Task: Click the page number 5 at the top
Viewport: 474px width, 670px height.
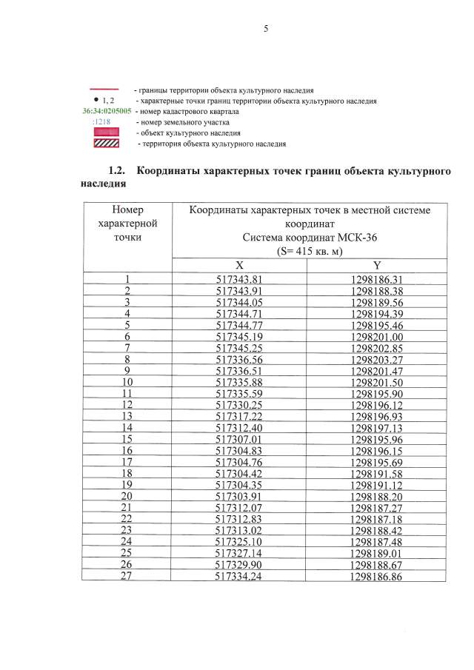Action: (x=264, y=29)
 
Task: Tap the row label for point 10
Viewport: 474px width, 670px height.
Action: (x=127, y=383)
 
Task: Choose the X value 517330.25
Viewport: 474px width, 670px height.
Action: (x=239, y=406)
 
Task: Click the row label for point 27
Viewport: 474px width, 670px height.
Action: (x=127, y=577)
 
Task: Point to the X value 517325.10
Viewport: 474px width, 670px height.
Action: (x=239, y=543)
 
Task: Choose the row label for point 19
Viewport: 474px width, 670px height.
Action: (x=127, y=486)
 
